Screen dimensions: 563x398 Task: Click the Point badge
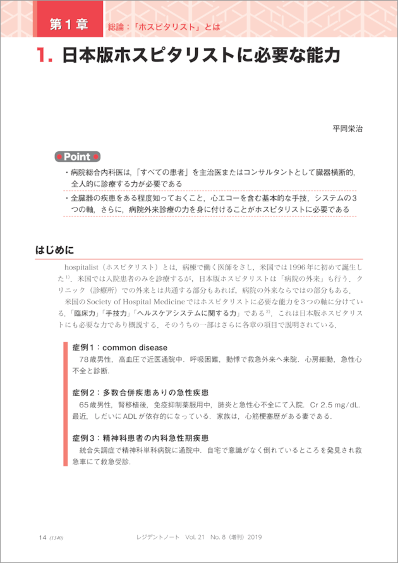click(78, 156)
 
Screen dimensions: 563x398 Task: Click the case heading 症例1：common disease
click(119, 347)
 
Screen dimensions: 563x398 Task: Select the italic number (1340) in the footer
click(56, 538)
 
